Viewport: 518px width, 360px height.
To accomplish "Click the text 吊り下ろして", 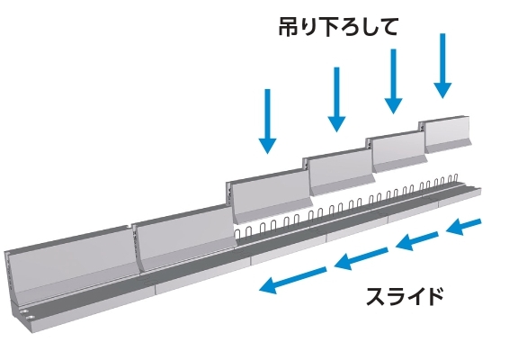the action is pyautogui.click(x=337, y=27).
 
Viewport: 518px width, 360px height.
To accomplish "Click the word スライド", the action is pyautogui.click(x=405, y=297).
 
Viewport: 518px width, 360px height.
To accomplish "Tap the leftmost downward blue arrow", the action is pyautogui.click(x=268, y=121).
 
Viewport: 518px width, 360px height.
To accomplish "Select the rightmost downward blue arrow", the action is pyautogui.click(x=442, y=66).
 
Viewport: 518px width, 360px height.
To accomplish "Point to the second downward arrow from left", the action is pyautogui.click(x=336, y=100).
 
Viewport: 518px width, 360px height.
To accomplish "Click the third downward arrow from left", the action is pyautogui.click(x=393, y=81).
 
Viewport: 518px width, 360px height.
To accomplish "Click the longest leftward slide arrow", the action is pyautogui.click(x=292, y=280).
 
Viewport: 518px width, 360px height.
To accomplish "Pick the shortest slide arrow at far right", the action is pyautogui.click(x=463, y=227).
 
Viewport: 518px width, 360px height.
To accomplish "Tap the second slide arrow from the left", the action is pyautogui.click(x=362, y=259).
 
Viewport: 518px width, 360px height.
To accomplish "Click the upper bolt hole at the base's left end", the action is pyautogui.click(x=23, y=311).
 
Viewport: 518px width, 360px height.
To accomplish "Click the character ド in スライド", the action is pyautogui.click(x=433, y=297).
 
